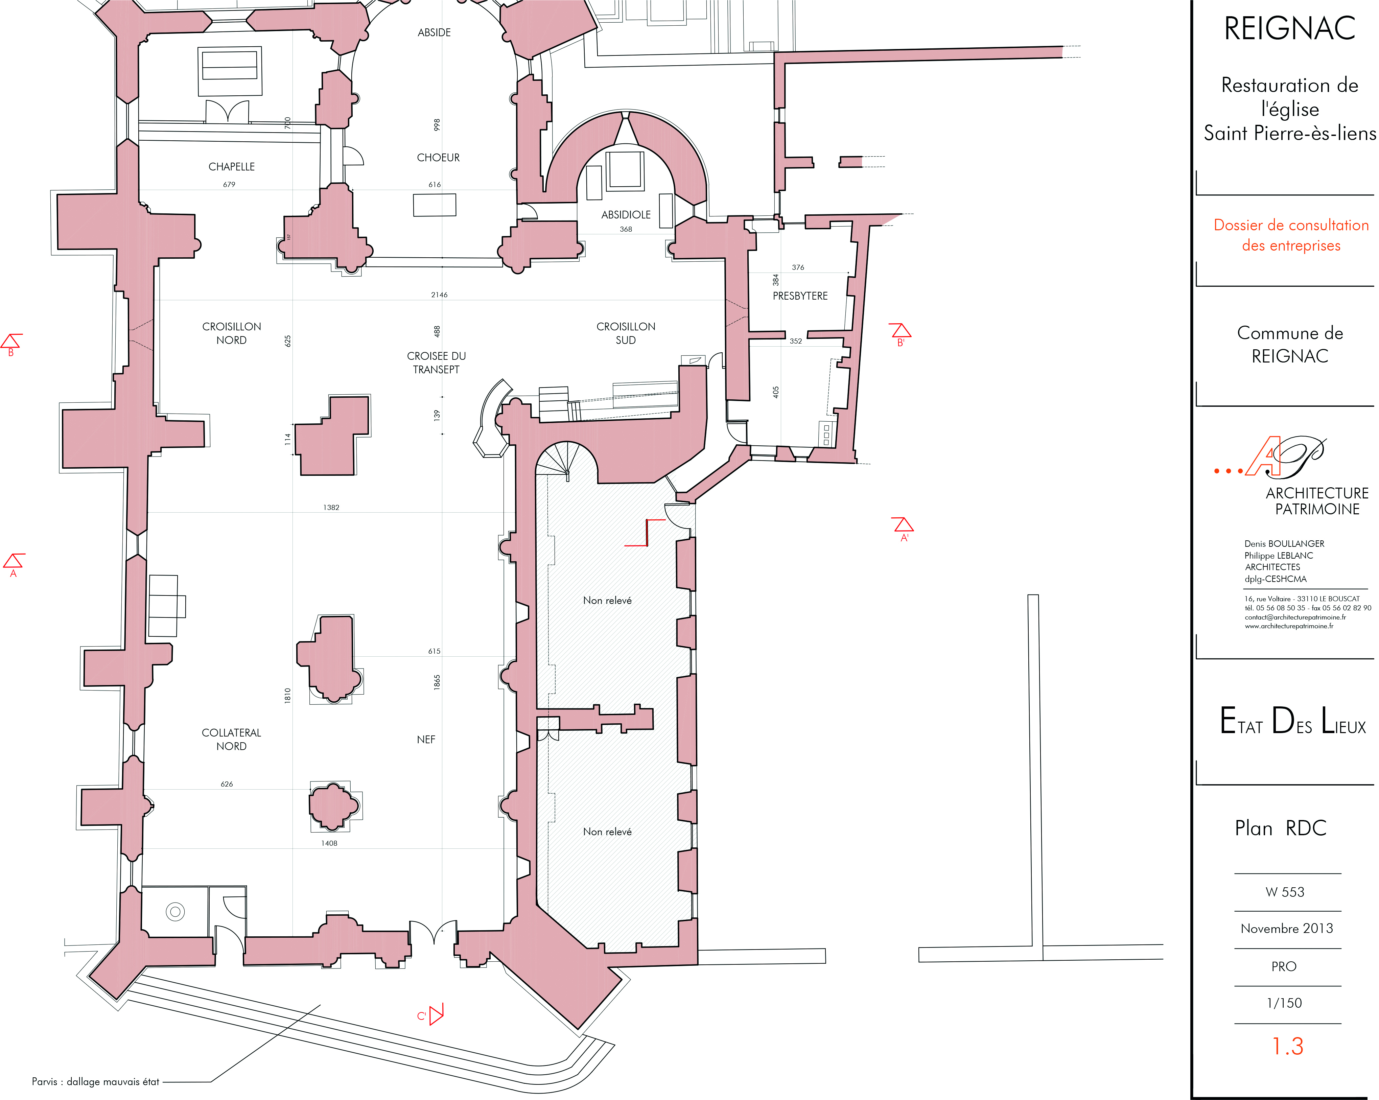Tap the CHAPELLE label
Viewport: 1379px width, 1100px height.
(x=232, y=167)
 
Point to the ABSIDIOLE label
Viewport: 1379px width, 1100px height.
(x=626, y=215)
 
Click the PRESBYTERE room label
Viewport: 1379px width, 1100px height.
(x=800, y=296)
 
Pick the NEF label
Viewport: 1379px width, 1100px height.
(x=426, y=740)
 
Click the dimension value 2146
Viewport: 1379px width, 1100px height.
(x=439, y=295)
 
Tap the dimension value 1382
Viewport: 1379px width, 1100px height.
(x=331, y=508)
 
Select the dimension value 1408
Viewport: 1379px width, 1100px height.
(x=329, y=844)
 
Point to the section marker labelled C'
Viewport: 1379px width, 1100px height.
(x=431, y=1014)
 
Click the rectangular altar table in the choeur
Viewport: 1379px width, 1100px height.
(x=435, y=205)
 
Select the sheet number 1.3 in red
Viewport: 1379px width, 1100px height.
(x=1288, y=1046)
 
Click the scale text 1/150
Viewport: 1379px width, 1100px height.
(x=1284, y=1003)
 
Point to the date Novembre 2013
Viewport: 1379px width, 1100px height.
(x=1287, y=929)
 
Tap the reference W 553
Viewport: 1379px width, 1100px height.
(x=1285, y=892)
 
